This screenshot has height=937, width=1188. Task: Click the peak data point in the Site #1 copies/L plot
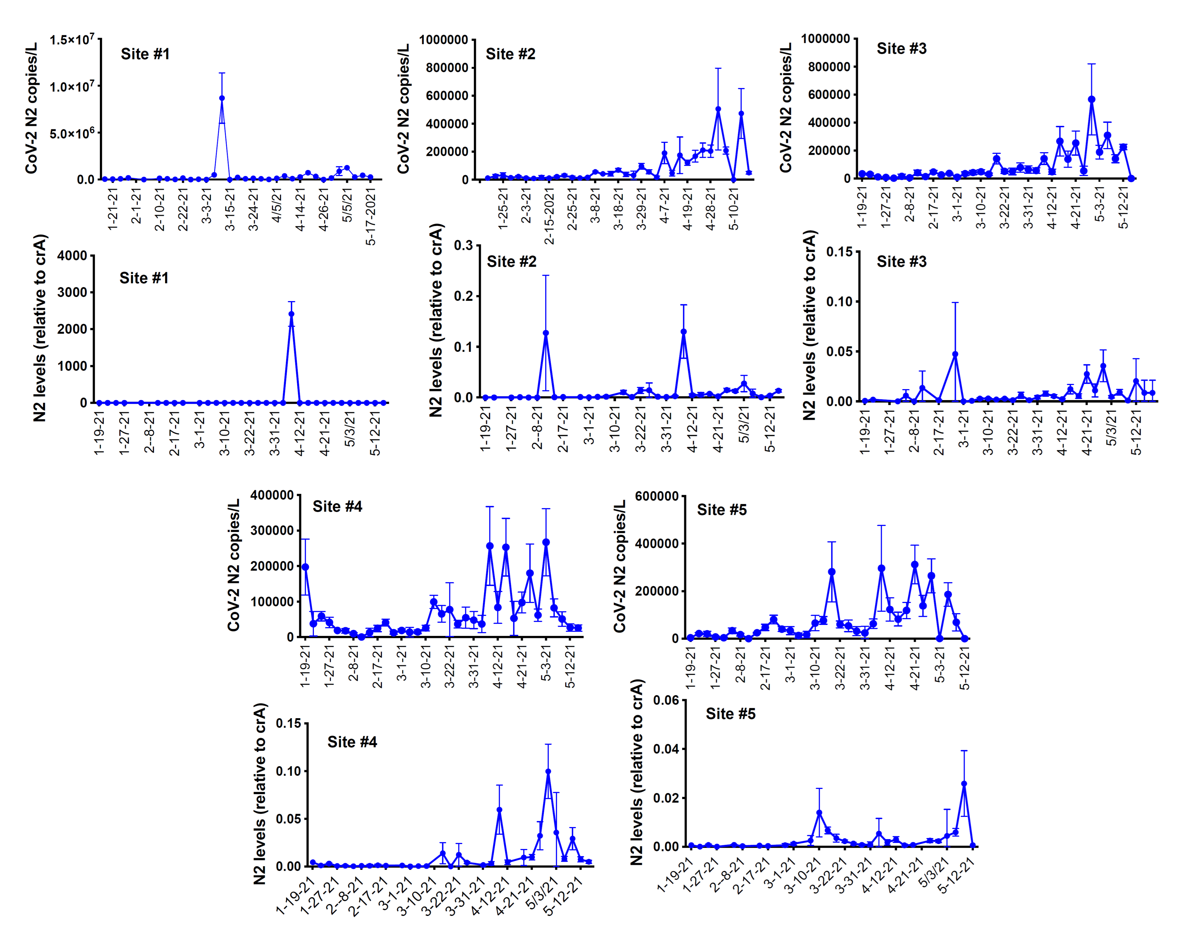click(222, 98)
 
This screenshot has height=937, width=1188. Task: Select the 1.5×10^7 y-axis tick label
click(71, 40)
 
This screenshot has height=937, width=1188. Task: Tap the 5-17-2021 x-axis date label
click(371, 217)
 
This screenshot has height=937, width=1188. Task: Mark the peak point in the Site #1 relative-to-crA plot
click(291, 314)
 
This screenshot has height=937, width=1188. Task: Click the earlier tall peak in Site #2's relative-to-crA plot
click(545, 333)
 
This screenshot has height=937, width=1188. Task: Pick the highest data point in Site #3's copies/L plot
click(1092, 99)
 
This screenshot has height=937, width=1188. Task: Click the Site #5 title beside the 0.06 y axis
click(730, 714)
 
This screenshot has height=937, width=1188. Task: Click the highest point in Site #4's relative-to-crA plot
click(548, 771)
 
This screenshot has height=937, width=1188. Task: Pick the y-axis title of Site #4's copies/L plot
click(234, 565)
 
